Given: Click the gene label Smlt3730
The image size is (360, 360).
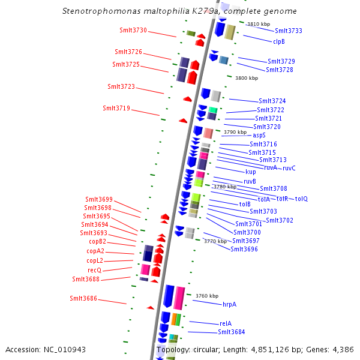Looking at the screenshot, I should (133, 30).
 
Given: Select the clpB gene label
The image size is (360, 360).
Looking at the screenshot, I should (279, 41).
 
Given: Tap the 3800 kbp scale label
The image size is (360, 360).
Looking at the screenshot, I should (246, 78).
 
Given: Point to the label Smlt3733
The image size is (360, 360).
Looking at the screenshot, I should (289, 31).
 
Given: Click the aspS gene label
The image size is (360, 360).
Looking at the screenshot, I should (259, 135).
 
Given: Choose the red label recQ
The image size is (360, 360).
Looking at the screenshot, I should (94, 270).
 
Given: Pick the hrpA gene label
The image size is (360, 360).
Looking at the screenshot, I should (230, 304).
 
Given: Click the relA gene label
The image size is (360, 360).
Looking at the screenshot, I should (226, 323).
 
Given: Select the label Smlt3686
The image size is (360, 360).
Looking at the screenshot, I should (83, 298).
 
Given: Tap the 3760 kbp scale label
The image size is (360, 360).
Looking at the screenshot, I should (207, 296).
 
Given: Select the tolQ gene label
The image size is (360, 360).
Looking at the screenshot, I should (301, 199).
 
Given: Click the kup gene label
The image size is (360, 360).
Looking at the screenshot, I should (251, 172).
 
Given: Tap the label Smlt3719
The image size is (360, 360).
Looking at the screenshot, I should (116, 108).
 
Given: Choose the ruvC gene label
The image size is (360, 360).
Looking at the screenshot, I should (289, 168).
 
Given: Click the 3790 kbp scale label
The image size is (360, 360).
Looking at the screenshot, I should (235, 132).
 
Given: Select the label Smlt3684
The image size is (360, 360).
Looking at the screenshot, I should (231, 332).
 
